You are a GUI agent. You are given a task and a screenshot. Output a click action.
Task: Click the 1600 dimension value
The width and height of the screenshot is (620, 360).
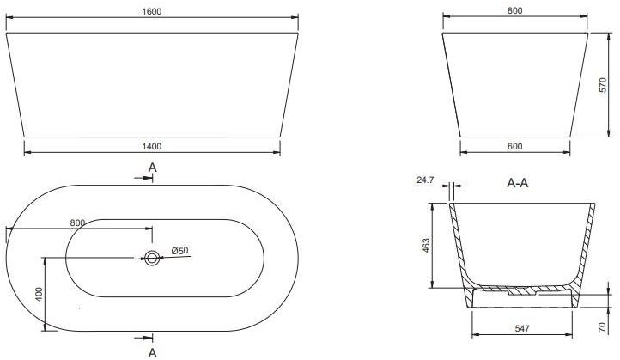click(152, 11)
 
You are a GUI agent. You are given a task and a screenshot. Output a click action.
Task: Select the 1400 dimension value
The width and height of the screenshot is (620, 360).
click(152, 146)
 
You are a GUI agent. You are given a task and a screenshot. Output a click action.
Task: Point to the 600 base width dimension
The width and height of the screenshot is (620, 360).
click(514, 147)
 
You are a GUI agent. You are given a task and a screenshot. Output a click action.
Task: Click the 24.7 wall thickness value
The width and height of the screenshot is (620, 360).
click(425, 181)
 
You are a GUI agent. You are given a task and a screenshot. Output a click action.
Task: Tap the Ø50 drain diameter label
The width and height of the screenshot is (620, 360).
click(180, 250)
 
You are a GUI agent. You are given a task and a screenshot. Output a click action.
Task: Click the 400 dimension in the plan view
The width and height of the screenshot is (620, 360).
click(38, 294)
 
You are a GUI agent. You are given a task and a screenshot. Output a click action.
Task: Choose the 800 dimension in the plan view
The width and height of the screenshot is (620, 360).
click(77, 223)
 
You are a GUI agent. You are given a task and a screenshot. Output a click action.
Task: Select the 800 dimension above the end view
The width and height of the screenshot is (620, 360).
click(514, 11)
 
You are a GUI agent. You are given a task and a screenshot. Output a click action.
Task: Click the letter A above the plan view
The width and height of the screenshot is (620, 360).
click(152, 167)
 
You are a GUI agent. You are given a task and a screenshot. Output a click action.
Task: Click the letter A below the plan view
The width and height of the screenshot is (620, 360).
click(152, 351)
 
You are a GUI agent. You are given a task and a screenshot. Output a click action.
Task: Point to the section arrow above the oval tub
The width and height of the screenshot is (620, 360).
click(143, 179)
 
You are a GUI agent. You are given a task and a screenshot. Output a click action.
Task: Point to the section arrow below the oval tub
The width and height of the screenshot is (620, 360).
click(143, 337)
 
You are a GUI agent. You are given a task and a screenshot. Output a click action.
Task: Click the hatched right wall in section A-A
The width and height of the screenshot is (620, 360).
click(585, 245)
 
